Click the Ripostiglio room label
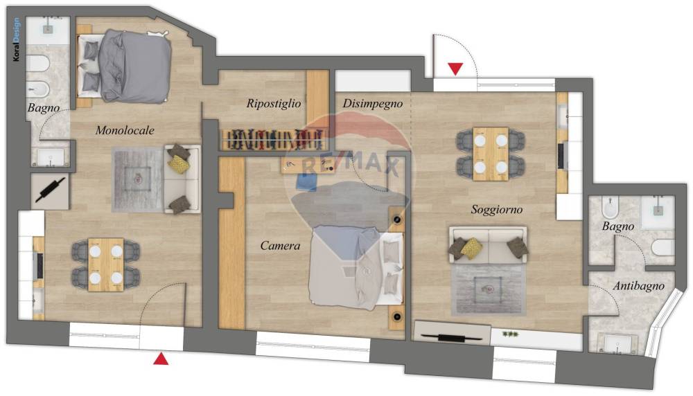274,104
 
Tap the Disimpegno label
373,104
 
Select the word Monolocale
125,130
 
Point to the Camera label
280,246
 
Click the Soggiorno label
497,209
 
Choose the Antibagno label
639,286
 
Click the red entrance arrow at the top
456,69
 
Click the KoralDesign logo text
17,39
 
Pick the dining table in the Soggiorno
491,154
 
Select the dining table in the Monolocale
105,264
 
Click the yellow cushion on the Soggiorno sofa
471,247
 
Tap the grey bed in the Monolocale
124,66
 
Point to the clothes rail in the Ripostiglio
274,140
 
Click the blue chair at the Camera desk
307,182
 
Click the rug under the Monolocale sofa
138,180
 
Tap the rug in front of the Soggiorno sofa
489,289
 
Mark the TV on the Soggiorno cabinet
452,338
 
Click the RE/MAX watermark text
350,165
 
